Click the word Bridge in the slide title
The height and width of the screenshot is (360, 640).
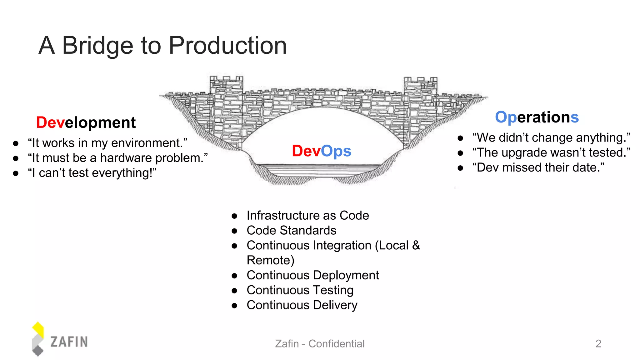[98, 46]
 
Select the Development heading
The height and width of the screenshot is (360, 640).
[86, 122]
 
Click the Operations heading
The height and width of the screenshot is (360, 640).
[537, 117]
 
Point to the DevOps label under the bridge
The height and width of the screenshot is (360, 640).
[322, 151]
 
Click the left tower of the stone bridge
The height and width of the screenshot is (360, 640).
[226, 109]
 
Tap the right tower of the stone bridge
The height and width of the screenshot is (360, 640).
[420, 109]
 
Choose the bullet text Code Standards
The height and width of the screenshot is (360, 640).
[291, 230]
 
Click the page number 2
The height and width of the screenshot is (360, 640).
[598, 344]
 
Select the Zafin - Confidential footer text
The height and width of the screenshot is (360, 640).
[320, 344]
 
